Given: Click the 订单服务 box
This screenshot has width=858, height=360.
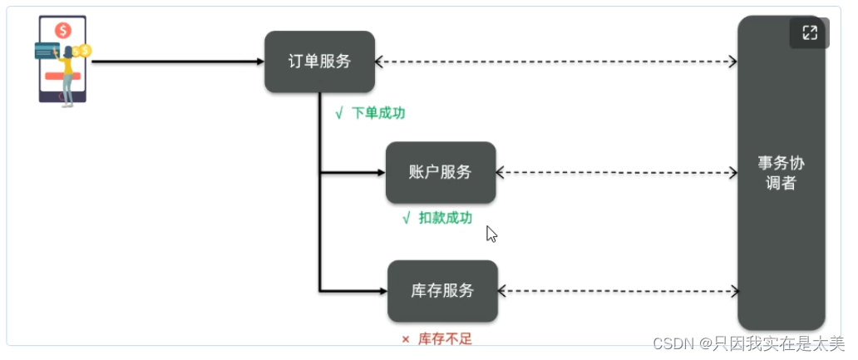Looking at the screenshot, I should [x=319, y=62].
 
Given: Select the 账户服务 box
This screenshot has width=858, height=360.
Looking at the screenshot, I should [x=441, y=172].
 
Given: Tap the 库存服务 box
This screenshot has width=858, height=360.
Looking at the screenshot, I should [x=442, y=291].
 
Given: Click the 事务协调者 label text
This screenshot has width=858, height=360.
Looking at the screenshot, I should [x=781, y=172].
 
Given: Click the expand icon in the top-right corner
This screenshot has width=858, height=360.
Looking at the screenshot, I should [x=809, y=33].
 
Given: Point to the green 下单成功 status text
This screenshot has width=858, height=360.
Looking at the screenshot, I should [x=378, y=113].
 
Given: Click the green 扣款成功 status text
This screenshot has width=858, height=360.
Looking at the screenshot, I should [x=445, y=218].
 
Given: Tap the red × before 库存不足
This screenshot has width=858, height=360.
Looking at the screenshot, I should [x=406, y=339].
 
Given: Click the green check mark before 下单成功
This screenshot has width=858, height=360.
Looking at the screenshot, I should [x=338, y=113].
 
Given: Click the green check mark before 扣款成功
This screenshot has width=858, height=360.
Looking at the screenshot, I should [x=406, y=218].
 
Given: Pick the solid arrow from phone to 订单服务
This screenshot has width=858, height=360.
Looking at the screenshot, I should [x=175, y=61].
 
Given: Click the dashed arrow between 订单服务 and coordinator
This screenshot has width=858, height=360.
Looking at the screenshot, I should [x=555, y=61].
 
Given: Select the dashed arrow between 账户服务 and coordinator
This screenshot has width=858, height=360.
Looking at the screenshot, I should [x=615, y=173].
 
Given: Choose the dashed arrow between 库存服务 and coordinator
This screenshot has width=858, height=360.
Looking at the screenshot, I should [x=617, y=291].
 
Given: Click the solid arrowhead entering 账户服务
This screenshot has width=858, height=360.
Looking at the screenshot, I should [x=380, y=173].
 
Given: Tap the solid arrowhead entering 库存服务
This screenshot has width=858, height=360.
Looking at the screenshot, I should [x=382, y=291].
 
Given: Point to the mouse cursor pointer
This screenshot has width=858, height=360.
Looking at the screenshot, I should [x=491, y=234].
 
